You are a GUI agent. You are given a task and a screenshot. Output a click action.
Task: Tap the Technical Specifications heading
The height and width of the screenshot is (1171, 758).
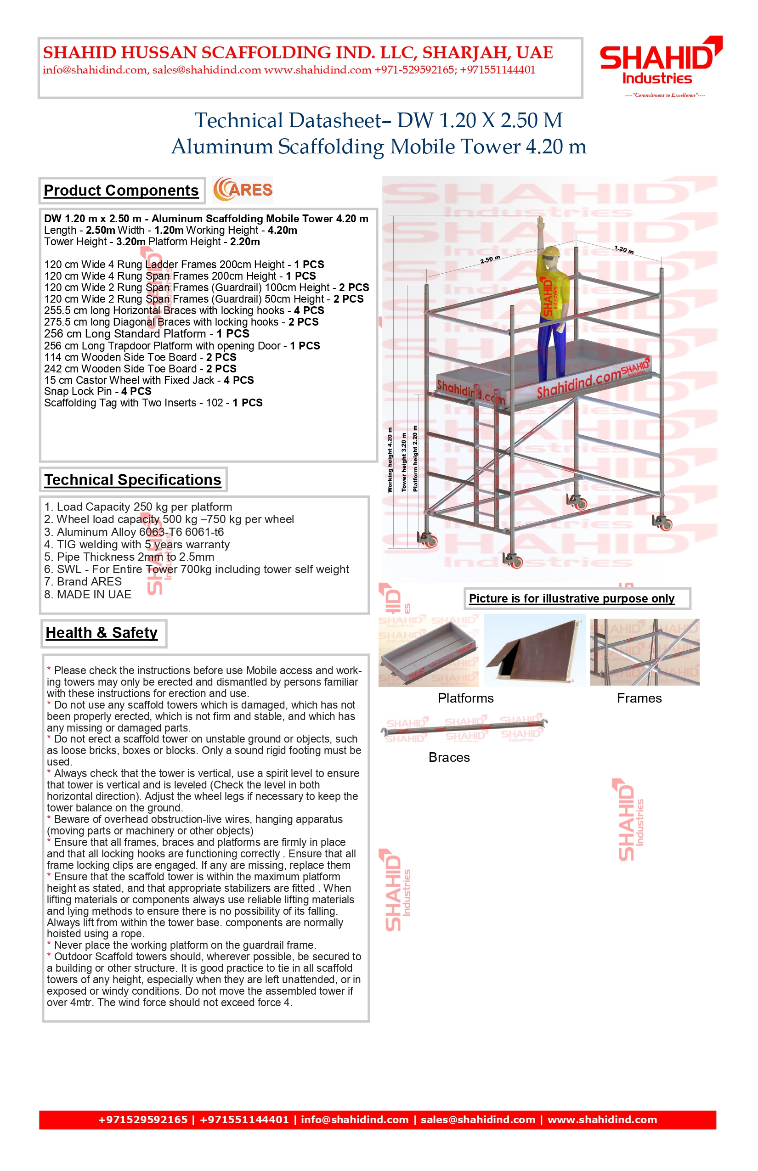click(132, 480)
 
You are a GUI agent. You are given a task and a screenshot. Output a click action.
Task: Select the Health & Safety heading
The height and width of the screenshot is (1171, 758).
click(102, 633)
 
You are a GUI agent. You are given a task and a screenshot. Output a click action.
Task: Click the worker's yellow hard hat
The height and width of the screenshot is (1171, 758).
click(551, 252)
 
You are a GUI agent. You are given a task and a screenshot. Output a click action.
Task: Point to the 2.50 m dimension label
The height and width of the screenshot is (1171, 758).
click(490, 259)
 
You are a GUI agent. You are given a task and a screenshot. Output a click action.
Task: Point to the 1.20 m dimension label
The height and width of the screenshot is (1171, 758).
click(624, 249)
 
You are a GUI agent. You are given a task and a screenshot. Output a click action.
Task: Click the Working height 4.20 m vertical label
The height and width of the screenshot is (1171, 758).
click(390, 460)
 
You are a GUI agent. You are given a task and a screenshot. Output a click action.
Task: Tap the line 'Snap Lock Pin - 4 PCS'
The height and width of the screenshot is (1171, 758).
click(97, 391)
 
